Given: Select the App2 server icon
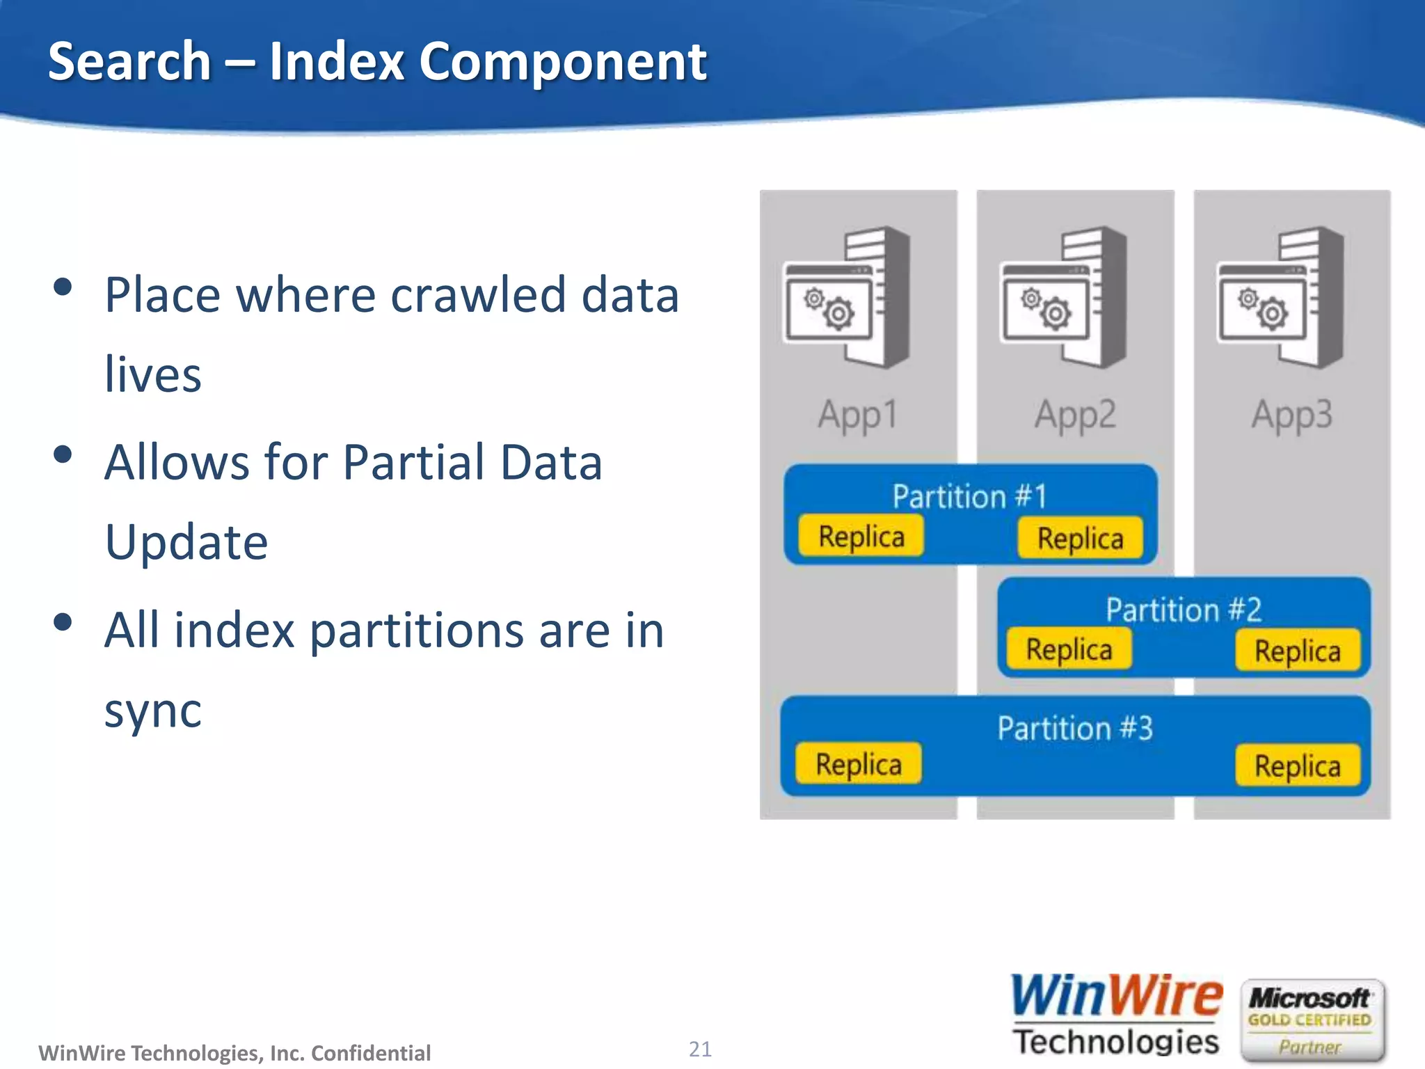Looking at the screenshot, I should pyautogui.click(x=1064, y=298).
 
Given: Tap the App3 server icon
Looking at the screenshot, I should pyautogui.click(x=1281, y=298).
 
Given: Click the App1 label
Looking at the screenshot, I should pyautogui.click(x=858, y=415).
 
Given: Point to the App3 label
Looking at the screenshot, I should pyautogui.click(x=1292, y=415).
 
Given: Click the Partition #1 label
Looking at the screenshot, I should pyautogui.click(x=970, y=496).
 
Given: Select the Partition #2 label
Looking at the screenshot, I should pyautogui.click(x=1184, y=610).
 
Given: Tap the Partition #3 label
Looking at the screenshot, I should pyautogui.click(x=1075, y=728).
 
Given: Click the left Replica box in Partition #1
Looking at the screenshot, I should pyautogui.click(x=861, y=536).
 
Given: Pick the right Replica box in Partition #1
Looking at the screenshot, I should pyautogui.click(x=1080, y=538).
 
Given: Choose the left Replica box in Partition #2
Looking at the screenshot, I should pyautogui.click(x=1069, y=649).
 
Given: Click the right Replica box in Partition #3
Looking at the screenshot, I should pyautogui.click(x=1298, y=766).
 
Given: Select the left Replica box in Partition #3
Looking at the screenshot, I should pyautogui.click(x=859, y=763).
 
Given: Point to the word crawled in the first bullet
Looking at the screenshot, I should pyautogui.click(x=477, y=294).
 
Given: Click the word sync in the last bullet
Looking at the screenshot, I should pyautogui.click(x=153, y=711).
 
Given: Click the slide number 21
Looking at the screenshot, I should pyautogui.click(x=700, y=1049).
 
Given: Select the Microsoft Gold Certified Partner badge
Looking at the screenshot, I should pyautogui.click(x=1312, y=1020).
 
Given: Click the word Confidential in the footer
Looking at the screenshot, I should pyautogui.click(x=371, y=1053).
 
